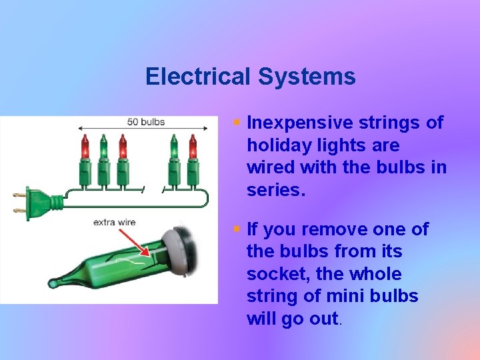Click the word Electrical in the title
[198, 76]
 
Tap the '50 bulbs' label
[145, 122]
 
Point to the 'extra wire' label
[114, 222]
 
